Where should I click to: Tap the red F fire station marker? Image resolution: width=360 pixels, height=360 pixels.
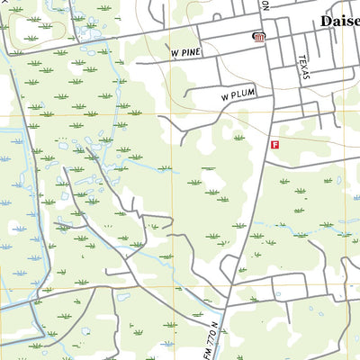(x=275, y=144)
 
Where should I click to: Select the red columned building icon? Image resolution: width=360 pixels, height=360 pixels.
(x=259, y=37)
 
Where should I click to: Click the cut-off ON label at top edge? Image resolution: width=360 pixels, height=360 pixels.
(x=265, y=4)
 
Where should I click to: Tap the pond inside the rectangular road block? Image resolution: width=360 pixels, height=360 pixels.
(x=123, y=297)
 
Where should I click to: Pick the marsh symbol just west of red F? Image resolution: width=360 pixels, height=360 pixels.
(x=238, y=138)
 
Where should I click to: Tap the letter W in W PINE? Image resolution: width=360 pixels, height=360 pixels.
(x=175, y=54)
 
